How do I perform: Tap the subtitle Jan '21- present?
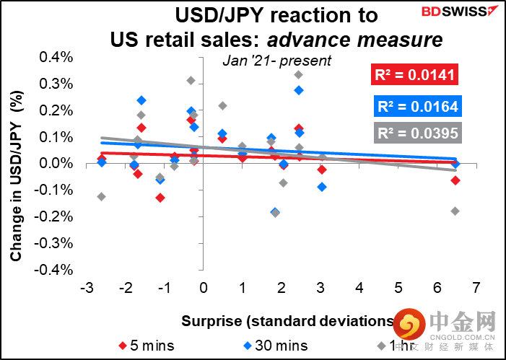(277, 61)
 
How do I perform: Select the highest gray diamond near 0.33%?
(299, 75)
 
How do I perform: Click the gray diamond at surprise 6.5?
(455, 211)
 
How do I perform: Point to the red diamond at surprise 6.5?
(455, 180)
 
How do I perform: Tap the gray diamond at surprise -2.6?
(102, 196)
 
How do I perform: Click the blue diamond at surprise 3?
(322, 187)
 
